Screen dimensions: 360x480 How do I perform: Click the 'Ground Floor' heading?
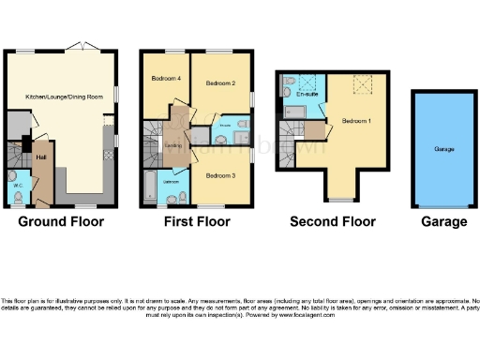coord(61,222)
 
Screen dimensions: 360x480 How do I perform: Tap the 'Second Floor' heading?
coord(332,222)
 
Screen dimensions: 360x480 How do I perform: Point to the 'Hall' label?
coord(41,157)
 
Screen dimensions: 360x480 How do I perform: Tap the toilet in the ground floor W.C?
coord(12,176)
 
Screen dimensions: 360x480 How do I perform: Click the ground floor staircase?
coord(16,153)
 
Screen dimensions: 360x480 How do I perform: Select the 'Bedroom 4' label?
coord(165,78)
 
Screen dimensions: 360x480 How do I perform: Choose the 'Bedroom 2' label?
coord(219,83)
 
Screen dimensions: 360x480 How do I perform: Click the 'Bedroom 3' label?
coord(219,175)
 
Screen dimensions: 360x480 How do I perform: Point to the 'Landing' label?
coord(173,145)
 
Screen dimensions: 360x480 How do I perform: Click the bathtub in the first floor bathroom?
coord(149,187)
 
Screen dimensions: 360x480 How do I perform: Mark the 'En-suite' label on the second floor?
coord(307,95)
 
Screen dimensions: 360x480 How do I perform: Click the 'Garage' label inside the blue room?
coord(443,148)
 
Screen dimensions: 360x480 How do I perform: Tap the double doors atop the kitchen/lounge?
coord(78,46)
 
